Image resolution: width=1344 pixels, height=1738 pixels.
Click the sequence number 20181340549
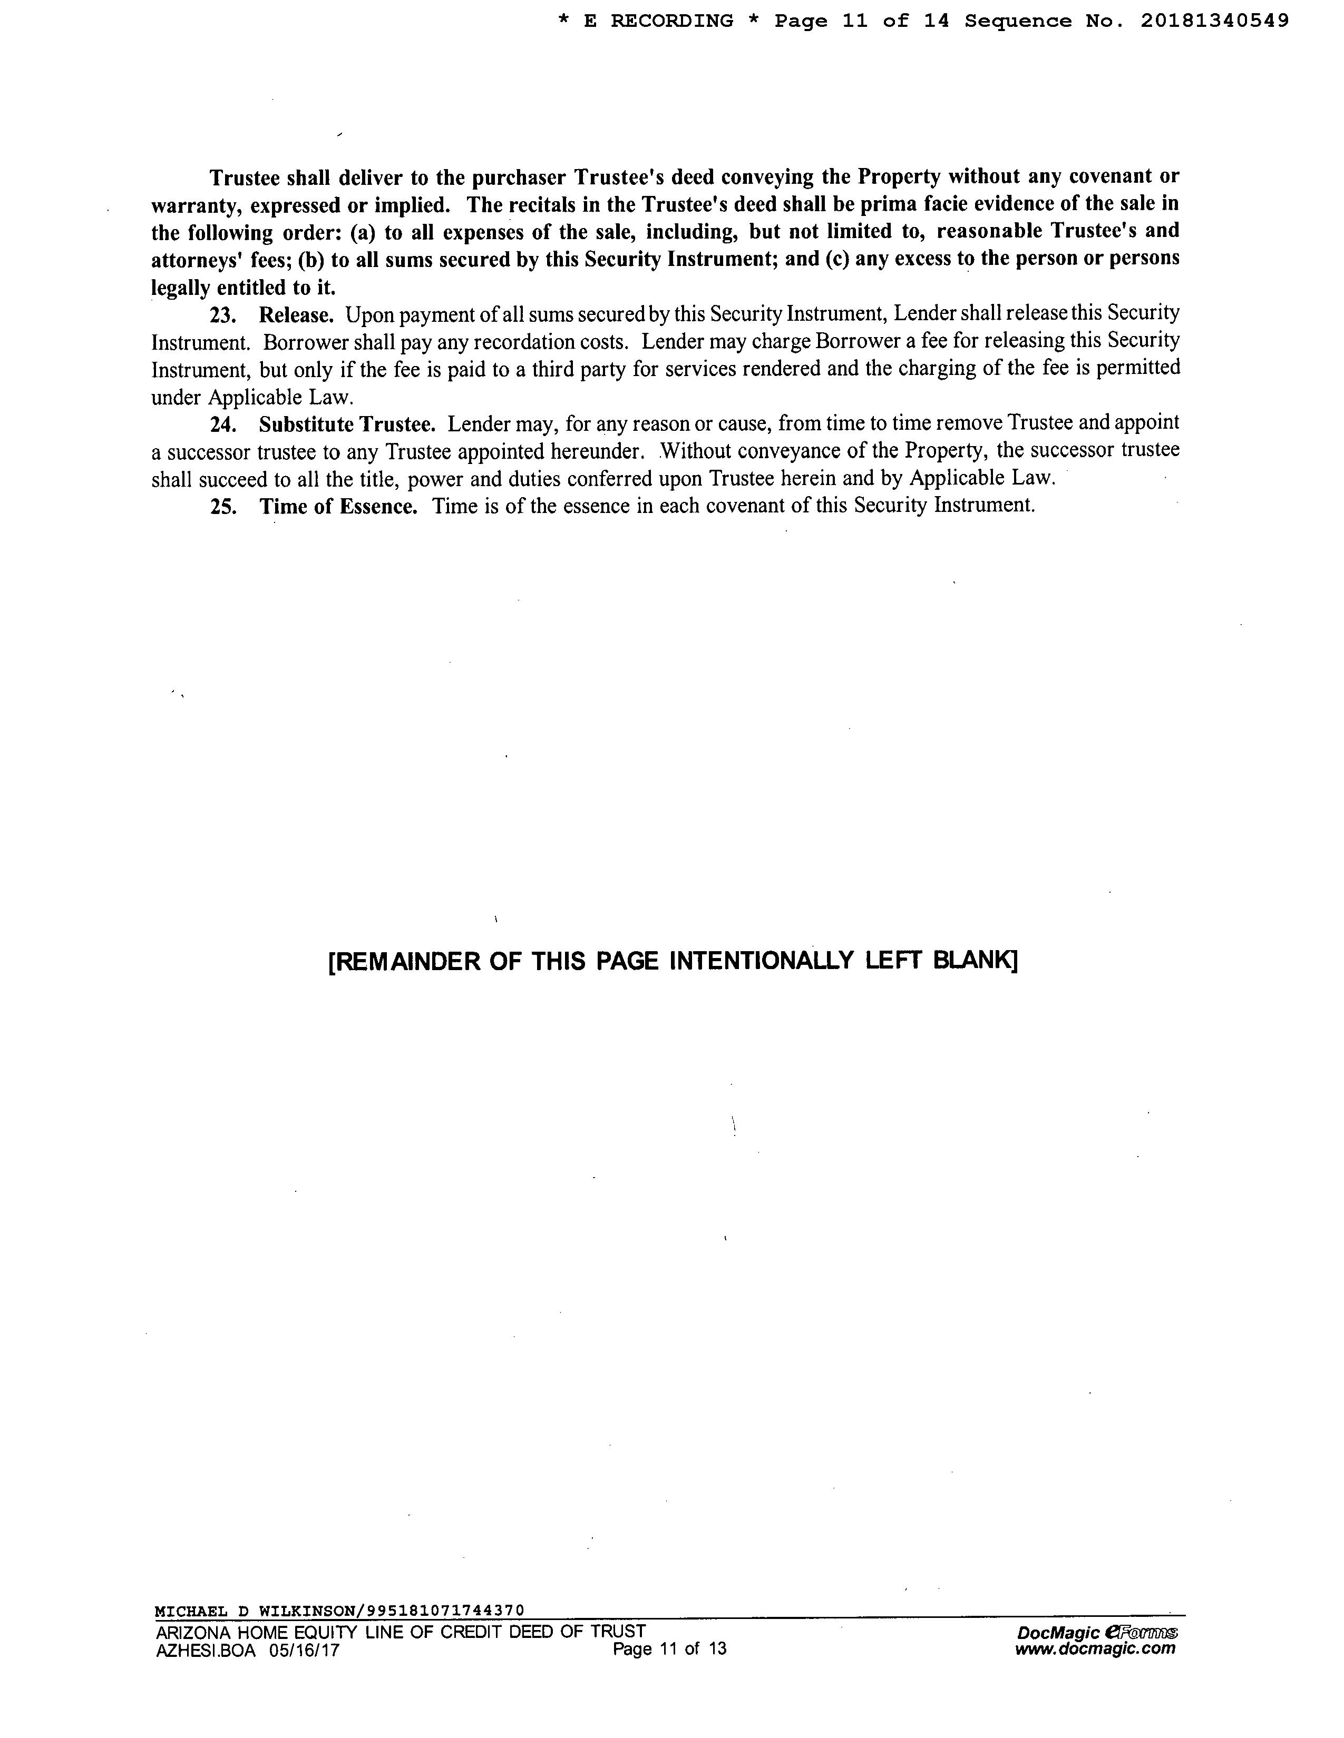coord(1214,22)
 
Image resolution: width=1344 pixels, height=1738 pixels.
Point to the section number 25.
coord(223,507)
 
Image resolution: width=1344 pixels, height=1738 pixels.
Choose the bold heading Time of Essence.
coord(338,507)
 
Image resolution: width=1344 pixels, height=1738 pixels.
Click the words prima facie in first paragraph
coord(947,204)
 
